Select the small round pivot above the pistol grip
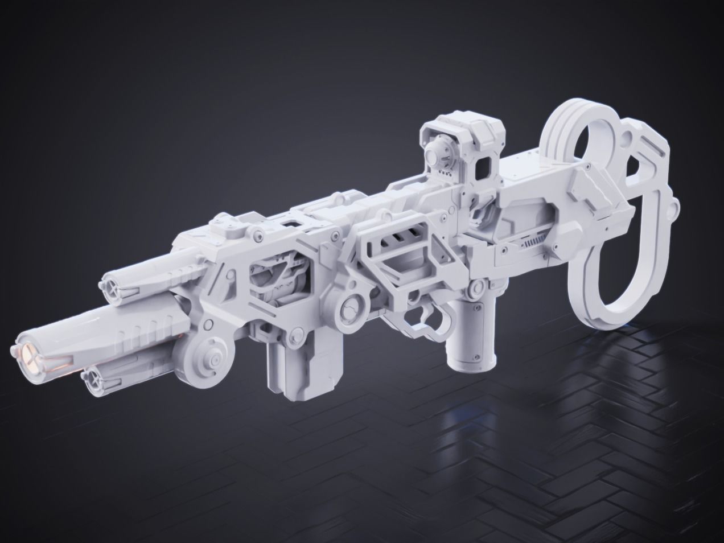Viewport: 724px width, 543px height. tap(470, 291)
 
